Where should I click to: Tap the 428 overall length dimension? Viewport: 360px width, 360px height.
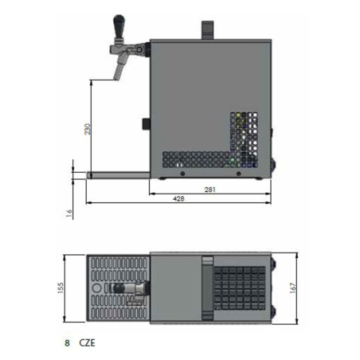(179, 200)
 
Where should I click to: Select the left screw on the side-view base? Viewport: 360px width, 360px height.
(183, 174)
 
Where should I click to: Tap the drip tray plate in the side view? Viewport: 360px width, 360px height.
(118, 174)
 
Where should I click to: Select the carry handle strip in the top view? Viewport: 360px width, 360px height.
(208, 286)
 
